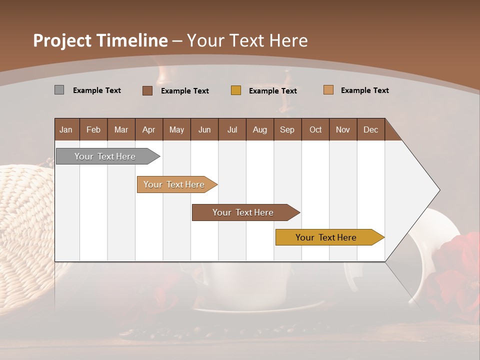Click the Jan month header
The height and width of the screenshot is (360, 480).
(x=66, y=129)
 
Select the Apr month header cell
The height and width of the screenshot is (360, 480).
(x=149, y=129)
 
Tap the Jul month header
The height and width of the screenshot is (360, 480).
(x=232, y=129)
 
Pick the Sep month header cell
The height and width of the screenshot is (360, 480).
(x=287, y=129)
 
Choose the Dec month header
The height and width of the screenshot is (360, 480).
(x=370, y=129)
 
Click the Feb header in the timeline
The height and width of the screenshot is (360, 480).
(x=93, y=129)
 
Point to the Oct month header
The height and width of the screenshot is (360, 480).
(x=315, y=129)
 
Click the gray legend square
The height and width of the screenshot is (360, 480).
(x=59, y=90)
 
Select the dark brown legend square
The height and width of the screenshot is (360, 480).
(x=147, y=90)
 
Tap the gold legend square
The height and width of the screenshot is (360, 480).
(x=236, y=90)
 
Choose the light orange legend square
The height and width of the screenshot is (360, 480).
(x=328, y=90)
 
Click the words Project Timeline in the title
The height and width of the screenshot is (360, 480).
(x=100, y=40)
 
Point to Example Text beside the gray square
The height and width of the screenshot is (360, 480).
(x=97, y=90)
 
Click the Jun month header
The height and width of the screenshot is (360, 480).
(x=204, y=129)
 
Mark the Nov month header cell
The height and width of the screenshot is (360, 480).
(x=343, y=129)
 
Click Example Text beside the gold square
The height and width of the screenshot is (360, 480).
(x=273, y=91)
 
